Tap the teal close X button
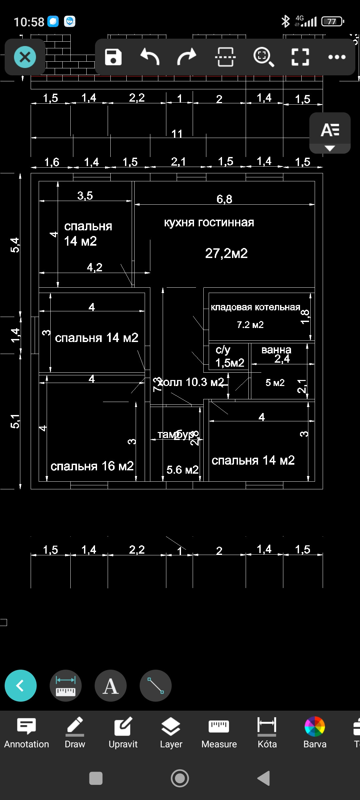[25, 57]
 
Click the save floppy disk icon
[113, 57]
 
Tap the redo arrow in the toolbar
[187, 57]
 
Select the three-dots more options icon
[337, 57]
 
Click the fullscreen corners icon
[300, 57]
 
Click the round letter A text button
[111, 686]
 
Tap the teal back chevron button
[21, 686]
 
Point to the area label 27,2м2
[226, 253]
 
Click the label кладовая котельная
[255, 307]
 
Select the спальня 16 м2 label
[92, 466]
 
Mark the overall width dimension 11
[177, 134]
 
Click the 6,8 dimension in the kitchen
[224, 199]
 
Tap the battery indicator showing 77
[332, 22]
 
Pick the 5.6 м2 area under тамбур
[182, 470]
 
